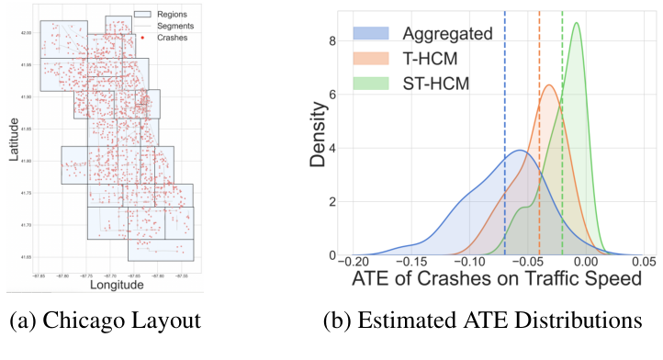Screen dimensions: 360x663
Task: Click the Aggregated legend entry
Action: pos(448,34)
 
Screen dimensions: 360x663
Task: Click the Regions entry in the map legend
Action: pos(172,15)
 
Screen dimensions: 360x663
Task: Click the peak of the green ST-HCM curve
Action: pos(577,25)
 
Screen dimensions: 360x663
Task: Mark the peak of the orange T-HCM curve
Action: pos(548,86)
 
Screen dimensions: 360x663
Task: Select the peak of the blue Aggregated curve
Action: pos(520,151)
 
